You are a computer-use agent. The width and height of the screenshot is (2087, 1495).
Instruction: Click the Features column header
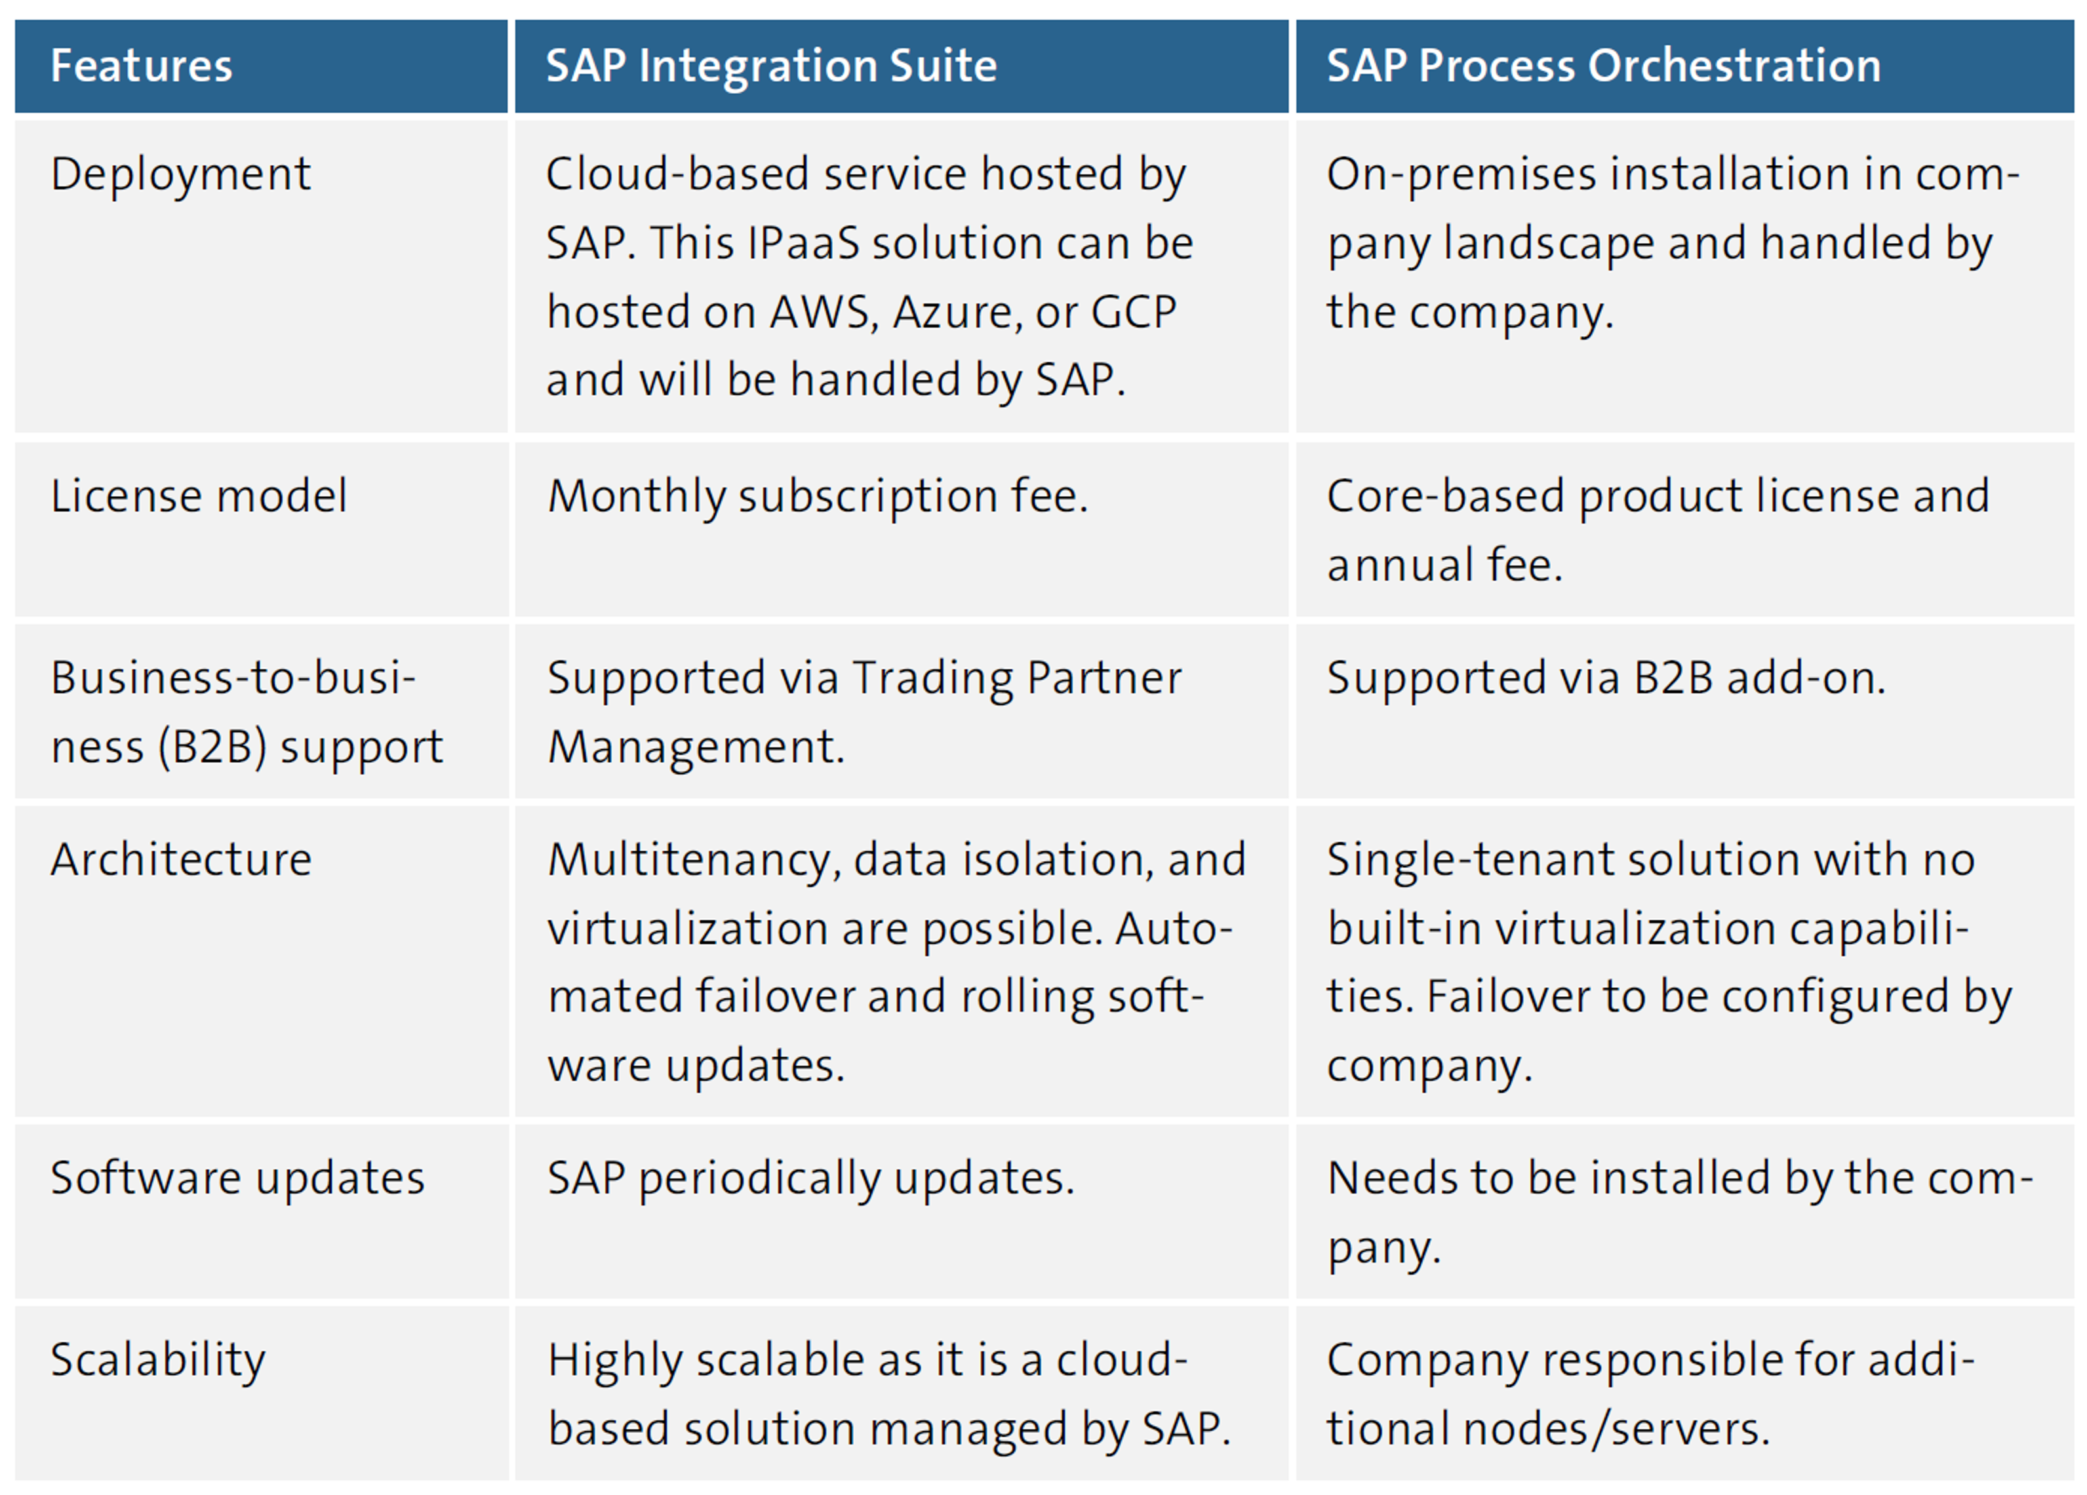coord(141,66)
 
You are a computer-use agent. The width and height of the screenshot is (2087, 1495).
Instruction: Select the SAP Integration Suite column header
coord(771,66)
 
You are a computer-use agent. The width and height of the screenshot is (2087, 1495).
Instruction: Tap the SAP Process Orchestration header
coord(1603,66)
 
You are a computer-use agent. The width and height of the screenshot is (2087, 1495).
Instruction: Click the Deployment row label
coord(181,175)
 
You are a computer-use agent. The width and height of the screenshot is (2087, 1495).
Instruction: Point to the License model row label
coord(199,497)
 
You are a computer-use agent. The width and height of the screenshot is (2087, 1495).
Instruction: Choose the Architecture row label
coord(181,860)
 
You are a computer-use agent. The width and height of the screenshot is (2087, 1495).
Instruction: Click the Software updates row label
coord(237,1178)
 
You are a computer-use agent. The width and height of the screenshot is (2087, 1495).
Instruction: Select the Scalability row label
coord(158,1361)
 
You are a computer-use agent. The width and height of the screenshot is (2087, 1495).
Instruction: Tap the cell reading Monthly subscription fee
coord(817,497)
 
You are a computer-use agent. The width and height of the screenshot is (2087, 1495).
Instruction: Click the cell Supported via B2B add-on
coord(1606,679)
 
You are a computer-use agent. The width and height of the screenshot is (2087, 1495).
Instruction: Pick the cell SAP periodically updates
coord(810,1178)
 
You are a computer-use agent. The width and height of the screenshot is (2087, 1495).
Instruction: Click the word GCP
coord(1133,313)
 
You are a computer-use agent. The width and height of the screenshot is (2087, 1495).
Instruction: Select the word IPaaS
coord(803,244)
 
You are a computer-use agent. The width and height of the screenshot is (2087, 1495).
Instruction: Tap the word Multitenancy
coord(694,860)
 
